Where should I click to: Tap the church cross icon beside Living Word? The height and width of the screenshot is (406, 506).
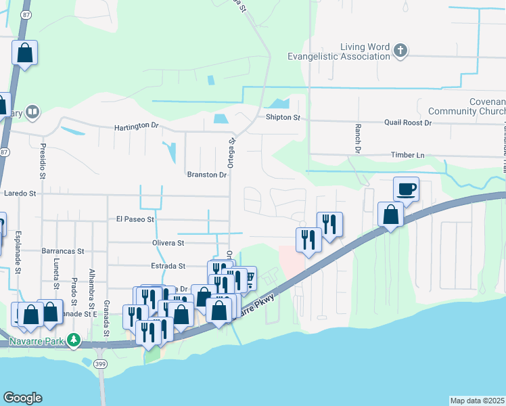[400, 50]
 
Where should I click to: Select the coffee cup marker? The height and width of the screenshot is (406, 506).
[406, 189]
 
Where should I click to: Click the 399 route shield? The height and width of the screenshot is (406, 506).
[101, 364]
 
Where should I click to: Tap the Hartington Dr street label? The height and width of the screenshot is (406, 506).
[136, 127]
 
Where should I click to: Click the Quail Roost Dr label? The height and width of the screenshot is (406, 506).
[407, 122]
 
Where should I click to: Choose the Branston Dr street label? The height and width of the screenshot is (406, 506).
[207, 175]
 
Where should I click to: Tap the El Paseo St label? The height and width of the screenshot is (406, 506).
[135, 219]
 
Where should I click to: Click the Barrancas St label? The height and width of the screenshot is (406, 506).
[62, 250]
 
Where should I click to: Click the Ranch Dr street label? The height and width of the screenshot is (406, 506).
[357, 137]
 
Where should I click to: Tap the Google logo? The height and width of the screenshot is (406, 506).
[22, 398]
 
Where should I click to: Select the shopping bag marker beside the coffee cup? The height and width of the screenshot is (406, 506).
[391, 215]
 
